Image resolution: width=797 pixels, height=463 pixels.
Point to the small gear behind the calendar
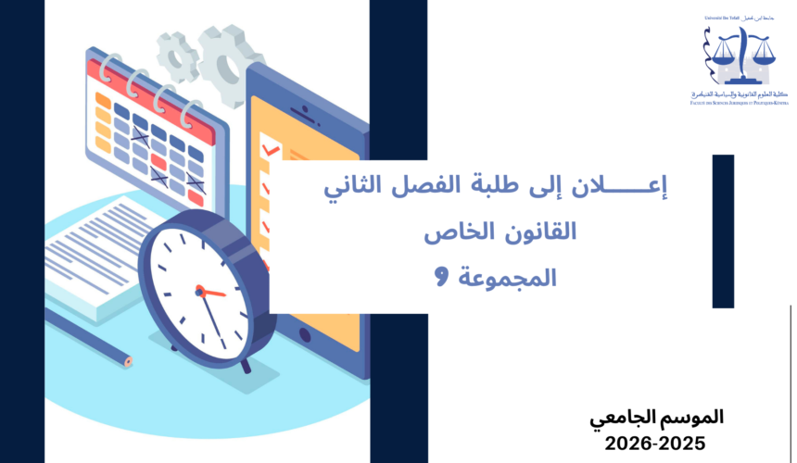click(177, 56)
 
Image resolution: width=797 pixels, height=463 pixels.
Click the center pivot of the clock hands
click(199, 290)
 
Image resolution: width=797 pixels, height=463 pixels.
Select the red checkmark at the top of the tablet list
click(272, 148)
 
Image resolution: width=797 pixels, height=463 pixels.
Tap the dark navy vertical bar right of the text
click(723, 231)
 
